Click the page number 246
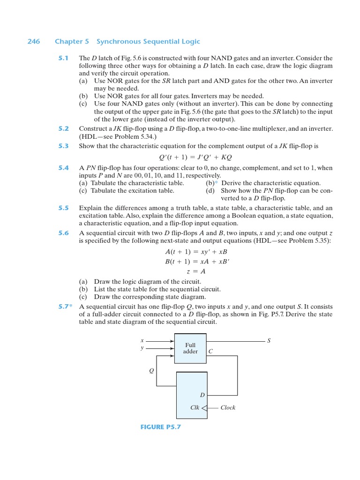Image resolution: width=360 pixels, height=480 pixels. point(33,42)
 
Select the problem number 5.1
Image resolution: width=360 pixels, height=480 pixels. point(63,58)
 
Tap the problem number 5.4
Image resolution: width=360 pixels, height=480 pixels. point(63,168)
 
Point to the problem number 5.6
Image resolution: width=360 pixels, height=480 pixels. point(63,233)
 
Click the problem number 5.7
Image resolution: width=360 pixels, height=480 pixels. point(65,307)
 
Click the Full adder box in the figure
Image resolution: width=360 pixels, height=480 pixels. point(190,348)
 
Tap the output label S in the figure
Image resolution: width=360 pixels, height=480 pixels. point(269,341)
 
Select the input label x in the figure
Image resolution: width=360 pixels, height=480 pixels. point(142,340)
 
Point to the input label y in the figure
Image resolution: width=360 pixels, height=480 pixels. point(142,348)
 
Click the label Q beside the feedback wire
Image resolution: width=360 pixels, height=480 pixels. point(151,371)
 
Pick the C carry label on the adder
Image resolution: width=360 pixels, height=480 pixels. point(210,352)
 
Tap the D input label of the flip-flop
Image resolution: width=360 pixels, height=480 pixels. point(202,395)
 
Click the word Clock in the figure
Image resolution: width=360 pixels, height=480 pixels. point(228,408)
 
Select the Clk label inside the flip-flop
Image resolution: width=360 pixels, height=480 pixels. point(195,408)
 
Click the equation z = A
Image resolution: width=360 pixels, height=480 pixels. point(195,271)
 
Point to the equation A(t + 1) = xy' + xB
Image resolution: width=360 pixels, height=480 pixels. point(195,252)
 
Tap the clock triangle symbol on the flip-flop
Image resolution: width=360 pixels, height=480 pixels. point(204,408)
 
